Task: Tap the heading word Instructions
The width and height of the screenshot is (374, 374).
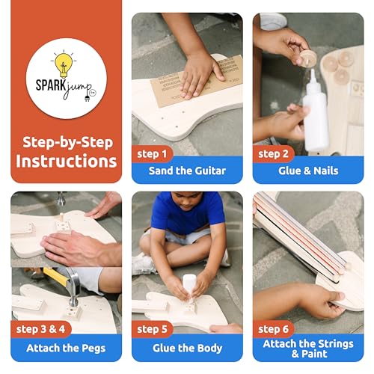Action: pos(67,160)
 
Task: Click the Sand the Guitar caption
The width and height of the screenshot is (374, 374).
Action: pos(187,171)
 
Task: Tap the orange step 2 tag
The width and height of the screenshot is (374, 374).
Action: pos(274,154)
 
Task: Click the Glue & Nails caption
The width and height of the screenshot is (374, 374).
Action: pos(307,171)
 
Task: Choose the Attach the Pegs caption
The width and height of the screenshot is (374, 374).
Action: pos(67,348)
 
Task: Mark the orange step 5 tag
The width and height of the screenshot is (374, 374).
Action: pos(153,329)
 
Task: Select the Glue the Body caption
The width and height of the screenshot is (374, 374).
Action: pos(187,348)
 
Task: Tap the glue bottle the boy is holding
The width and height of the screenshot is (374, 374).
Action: pos(188,286)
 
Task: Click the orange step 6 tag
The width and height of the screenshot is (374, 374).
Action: pos(274,329)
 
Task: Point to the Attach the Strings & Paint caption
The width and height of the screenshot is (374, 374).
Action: pos(307,349)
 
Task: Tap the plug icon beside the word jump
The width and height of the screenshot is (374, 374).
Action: pos(88,96)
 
